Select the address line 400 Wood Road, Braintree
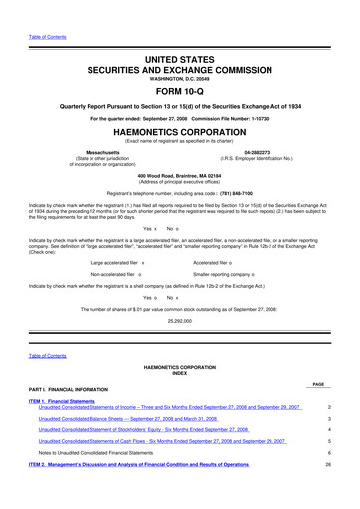click(x=179, y=171)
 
